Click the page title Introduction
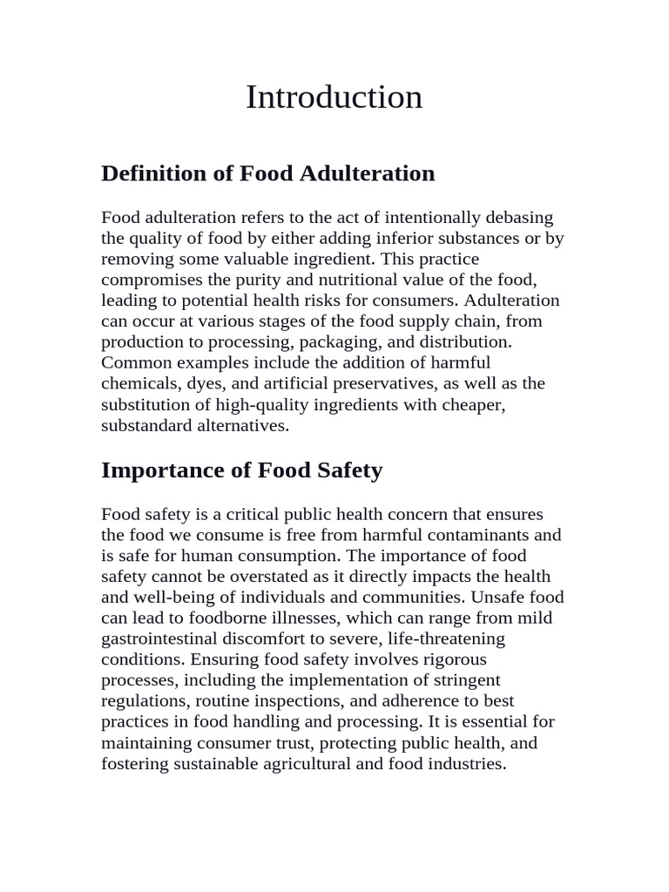coord(334,97)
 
